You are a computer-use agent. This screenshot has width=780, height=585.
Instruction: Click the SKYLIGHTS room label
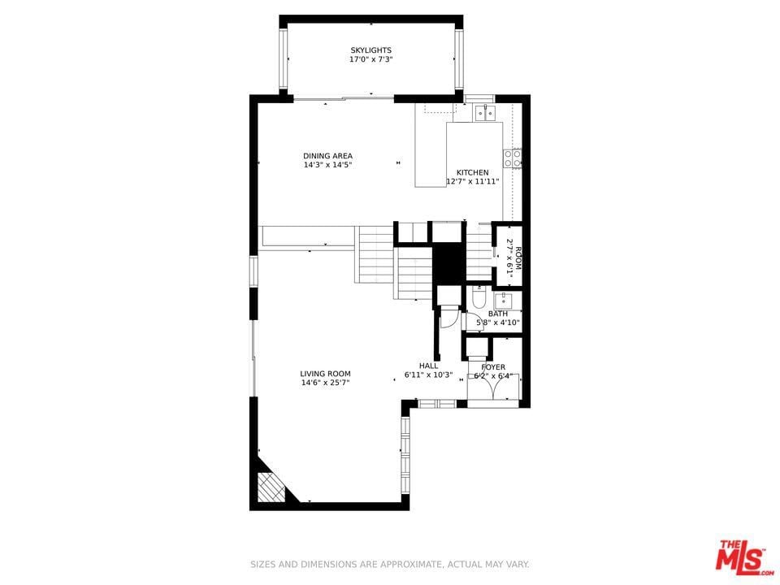pyautogui.click(x=371, y=50)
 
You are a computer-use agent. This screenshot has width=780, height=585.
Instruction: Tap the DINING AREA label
pyautogui.click(x=327, y=156)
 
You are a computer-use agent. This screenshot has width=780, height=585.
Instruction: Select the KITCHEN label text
pyautogui.click(x=473, y=172)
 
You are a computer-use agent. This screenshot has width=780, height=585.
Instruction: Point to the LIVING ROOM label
pyautogui.click(x=325, y=374)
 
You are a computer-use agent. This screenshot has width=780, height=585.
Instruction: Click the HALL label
pyautogui.click(x=429, y=366)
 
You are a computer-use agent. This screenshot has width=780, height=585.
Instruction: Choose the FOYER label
pyautogui.click(x=493, y=367)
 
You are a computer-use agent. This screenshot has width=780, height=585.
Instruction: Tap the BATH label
pyautogui.click(x=498, y=314)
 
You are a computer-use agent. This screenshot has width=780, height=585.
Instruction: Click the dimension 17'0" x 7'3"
pyautogui.click(x=371, y=59)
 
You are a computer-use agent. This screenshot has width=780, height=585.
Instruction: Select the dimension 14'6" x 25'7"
pyautogui.click(x=325, y=383)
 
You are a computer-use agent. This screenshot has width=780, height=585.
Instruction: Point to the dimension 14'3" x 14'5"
pyautogui.click(x=327, y=165)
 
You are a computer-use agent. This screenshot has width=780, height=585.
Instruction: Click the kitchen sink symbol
pyautogui.click(x=484, y=114)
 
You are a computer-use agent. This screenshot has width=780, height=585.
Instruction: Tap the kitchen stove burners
pyautogui.click(x=513, y=158)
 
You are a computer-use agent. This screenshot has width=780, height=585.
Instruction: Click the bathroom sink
pyautogui.click(x=505, y=301)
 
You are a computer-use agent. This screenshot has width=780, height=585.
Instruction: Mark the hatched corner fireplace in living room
pyautogui.click(x=271, y=486)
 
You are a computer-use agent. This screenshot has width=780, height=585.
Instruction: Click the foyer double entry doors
pyautogui.click(x=493, y=387)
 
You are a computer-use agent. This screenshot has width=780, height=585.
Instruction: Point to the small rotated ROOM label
pyautogui.click(x=518, y=258)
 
